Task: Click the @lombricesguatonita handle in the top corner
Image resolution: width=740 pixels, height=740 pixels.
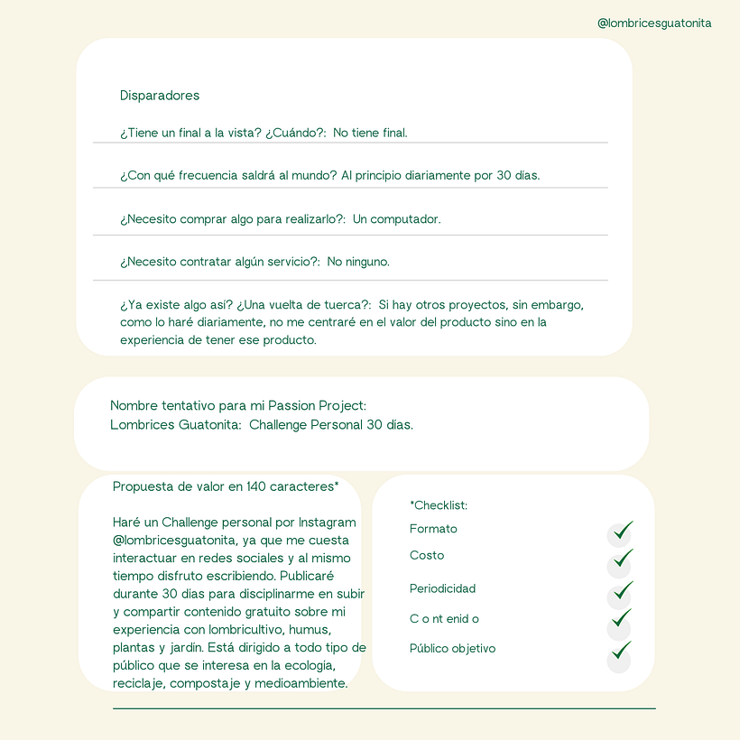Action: tap(654, 23)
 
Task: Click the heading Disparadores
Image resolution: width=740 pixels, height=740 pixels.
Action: tap(160, 96)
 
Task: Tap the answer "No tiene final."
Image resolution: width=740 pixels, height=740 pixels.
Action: tap(370, 133)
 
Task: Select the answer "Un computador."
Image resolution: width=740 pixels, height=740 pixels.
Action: tap(396, 219)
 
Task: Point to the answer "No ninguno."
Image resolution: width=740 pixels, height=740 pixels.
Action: tap(358, 262)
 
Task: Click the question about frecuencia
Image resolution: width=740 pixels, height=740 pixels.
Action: tap(228, 175)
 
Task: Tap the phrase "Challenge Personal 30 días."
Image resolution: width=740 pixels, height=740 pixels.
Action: tap(331, 425)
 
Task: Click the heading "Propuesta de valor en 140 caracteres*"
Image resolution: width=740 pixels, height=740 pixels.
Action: tap(226, 487)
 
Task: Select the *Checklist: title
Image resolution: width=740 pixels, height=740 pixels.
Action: tap(439, 505)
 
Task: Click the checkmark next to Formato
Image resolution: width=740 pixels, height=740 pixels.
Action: tap(621, 532)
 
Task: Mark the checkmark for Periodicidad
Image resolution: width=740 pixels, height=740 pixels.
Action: tap(621, 592)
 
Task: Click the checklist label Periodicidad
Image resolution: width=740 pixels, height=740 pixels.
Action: tap(442, 588)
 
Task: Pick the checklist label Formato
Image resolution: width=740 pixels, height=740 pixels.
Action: tap(433, 529)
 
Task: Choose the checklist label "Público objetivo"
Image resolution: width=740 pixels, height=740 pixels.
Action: tap(452, 649)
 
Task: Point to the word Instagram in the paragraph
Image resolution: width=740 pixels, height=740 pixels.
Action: tap(327, 523)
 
